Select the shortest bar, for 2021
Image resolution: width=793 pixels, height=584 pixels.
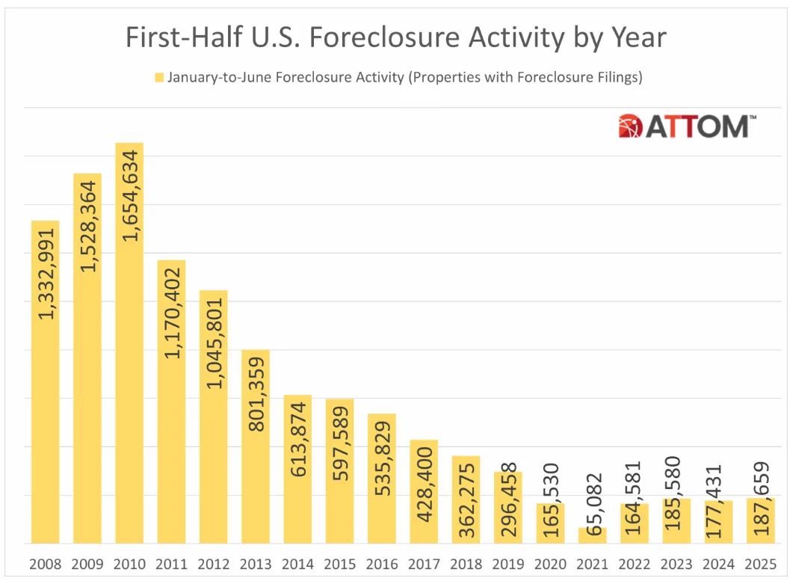coord(593,536)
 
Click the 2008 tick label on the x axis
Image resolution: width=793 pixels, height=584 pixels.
coord(44,563)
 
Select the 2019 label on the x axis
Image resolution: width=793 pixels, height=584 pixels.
coord(508,563)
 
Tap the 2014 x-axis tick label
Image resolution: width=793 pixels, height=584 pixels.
coord(297,563)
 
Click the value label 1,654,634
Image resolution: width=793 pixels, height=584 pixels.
coord(130,196)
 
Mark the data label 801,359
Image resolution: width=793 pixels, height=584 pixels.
coord(256,399)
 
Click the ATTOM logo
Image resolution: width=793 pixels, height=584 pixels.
coord(687,126)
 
